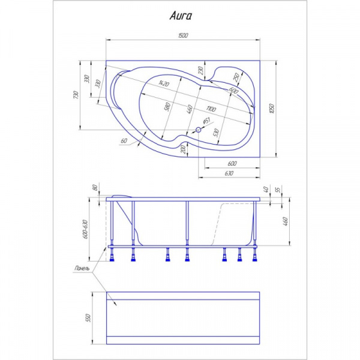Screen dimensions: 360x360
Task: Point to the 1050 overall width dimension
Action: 272,108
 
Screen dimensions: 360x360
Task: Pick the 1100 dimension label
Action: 209,109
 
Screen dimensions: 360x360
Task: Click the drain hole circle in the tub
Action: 199,129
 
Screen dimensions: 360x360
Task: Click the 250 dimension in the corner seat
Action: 236,76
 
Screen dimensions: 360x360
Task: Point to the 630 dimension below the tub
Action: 228,173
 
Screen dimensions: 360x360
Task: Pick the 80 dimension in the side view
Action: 95,187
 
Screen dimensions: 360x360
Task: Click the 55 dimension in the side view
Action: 277,190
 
